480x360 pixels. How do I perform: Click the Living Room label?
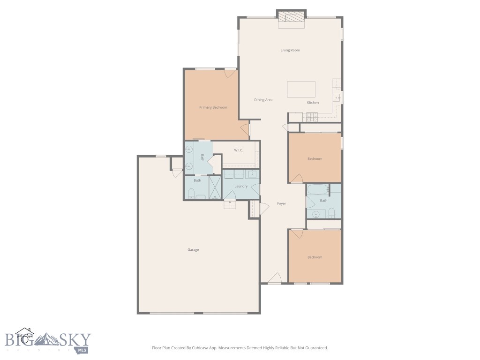(x=290, y=50)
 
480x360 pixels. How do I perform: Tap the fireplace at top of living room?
(x=291, y=18)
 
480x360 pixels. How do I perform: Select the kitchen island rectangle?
(x=301, y=89)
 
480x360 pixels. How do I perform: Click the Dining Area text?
(x=263, y=100)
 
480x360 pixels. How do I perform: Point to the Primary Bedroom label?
(x=213, y=107)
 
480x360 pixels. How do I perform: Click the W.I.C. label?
(x=238, y=150)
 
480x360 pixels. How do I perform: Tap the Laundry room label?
(x=241, y=186)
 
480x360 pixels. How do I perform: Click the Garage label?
(x=193, y=250)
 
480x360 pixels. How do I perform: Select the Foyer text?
(x=281, y=203)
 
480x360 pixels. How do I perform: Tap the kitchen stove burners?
(x=312, y=116)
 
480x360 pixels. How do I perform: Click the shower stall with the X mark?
(x=215, y=187)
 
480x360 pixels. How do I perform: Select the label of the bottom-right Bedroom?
(x=315, y=257)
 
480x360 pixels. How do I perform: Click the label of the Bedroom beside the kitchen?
(x=315, y=159)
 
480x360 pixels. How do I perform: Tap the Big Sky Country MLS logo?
(x=47, y=340)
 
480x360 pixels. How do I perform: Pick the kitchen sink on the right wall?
(x=337, y=97)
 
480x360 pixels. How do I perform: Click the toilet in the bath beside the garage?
(x=191, y=193)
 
